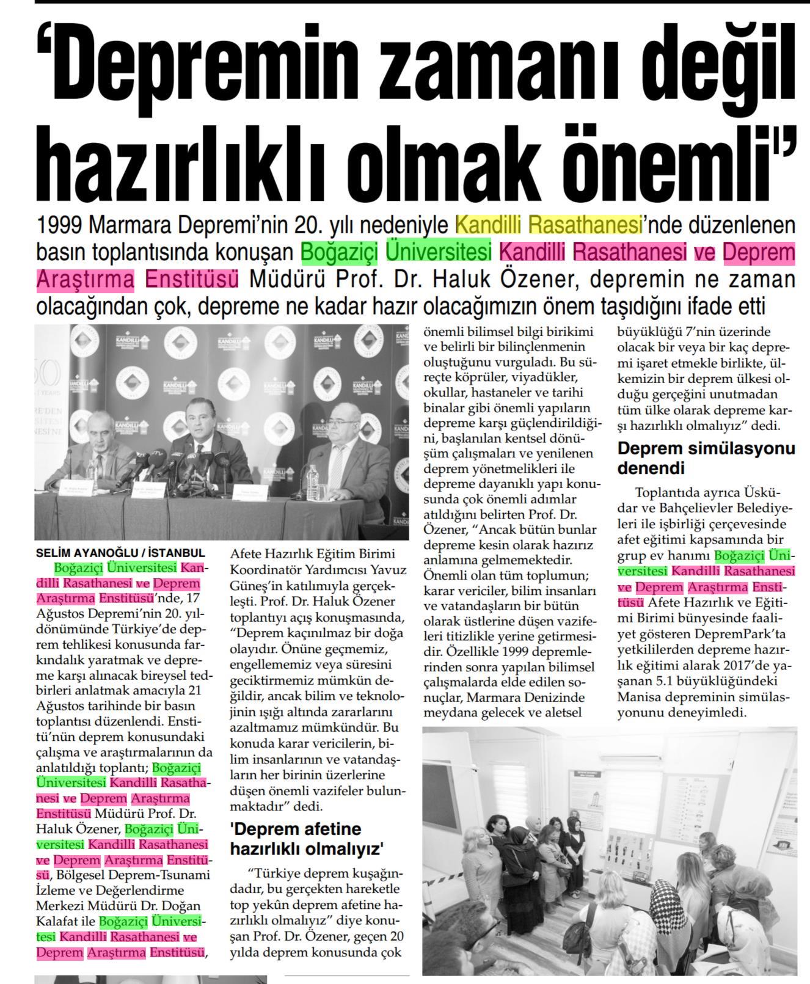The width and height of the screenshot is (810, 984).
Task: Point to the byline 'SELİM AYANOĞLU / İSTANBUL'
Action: coord(120,553)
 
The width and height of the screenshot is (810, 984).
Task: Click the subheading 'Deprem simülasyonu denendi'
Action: coord(706,457)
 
